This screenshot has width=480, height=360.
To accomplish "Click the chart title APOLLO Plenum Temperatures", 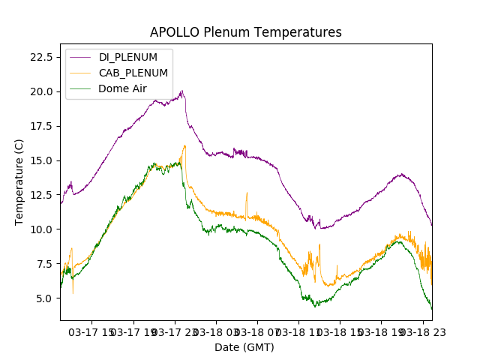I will tap(245, 32).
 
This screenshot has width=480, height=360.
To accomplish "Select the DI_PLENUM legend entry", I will tap(128, 57).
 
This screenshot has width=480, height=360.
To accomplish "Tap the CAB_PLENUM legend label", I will tap(133, 73).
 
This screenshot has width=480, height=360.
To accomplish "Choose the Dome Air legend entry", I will tap(123, 88).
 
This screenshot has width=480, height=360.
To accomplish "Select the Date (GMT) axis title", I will tap(244, 347).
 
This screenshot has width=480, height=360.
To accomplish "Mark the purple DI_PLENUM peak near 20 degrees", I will tap(182, 91).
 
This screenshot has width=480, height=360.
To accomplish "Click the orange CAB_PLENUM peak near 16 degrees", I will tap(184, 145).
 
